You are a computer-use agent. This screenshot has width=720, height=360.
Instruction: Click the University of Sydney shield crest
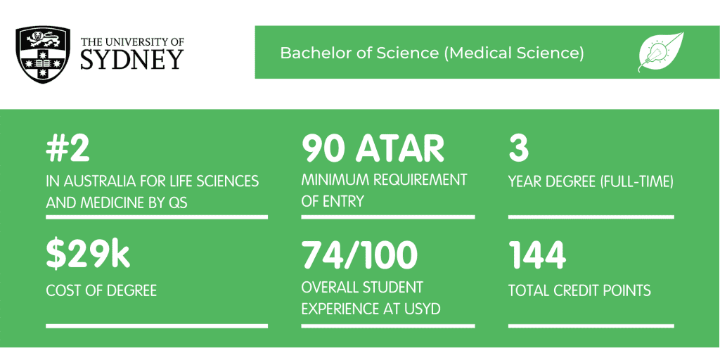pyautogui.click(x=43, y=55)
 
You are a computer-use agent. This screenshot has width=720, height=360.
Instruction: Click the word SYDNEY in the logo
pyautogui.click(x=132, y=59)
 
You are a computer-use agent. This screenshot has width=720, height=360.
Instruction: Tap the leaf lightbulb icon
pyautogui.click(x=661, y=52)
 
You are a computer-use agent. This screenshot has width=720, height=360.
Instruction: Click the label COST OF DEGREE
pyautogui.click(x=101, y=290)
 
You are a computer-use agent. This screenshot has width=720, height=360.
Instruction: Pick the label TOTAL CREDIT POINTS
pyautogui.click(x=579, y=290)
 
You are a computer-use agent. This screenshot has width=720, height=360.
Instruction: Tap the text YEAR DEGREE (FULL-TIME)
pyautogui.click(x=591, y=183)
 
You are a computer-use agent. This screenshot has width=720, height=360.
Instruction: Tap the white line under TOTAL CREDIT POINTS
pyautogui.click(x=591, y=326)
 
